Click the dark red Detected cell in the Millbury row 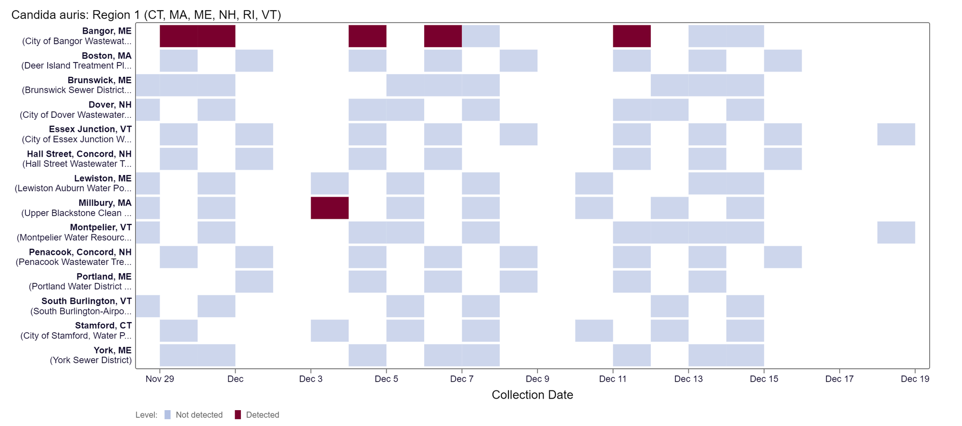329,208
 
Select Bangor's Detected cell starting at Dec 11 632,36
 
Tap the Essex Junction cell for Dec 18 896,134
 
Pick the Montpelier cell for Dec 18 896,232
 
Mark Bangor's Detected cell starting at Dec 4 367,36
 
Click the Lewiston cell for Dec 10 594,183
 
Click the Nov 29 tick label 160,379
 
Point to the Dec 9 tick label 537,379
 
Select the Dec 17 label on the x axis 839,379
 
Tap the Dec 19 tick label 915,379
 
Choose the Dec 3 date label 311,379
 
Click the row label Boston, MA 106,56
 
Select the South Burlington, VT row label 87,301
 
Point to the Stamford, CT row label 103,326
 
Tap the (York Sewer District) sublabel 91,360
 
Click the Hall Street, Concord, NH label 79,154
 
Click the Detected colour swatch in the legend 238,415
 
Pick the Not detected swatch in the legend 167,415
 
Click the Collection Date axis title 532,395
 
